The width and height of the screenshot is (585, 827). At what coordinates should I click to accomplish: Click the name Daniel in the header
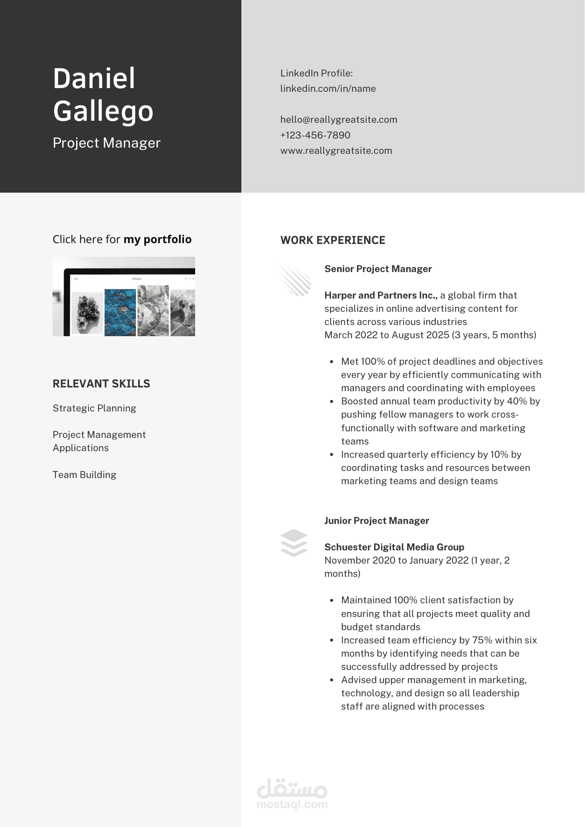tap(94, 79)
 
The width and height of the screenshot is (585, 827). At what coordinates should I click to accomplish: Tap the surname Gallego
tap(103, 111)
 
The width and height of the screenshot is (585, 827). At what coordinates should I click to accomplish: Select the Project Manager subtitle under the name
tap(106, 143)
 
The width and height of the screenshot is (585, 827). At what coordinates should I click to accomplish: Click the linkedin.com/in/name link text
tap(328, 88)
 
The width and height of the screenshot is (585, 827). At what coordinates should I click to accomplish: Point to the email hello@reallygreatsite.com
tap(339, 120)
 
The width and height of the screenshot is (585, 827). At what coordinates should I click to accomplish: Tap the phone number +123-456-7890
tap(315, 135)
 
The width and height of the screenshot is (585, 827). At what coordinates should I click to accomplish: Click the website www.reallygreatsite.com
tap(336, 151)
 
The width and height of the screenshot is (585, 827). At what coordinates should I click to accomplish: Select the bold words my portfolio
tap(158, 239)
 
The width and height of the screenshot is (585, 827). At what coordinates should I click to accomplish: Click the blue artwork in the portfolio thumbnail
tap(120, 312)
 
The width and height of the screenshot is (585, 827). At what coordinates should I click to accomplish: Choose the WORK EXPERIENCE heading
tap(333, 240)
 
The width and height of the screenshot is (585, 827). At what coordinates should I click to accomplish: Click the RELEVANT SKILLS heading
tap(101, 384)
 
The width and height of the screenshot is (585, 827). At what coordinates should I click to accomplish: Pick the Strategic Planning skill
tap(94, 408)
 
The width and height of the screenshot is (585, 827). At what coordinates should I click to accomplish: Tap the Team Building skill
tap(84, 475)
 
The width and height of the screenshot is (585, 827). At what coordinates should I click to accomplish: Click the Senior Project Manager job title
tap(378, 269)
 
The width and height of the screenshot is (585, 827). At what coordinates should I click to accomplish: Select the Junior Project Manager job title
tap(377, 521)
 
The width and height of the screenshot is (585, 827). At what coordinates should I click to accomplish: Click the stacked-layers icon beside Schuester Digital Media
tap(294, 543)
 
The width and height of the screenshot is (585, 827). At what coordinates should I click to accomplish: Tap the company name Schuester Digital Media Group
tap(394, 547)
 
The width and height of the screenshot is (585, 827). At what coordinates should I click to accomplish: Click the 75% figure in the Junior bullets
tap(482, 640)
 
